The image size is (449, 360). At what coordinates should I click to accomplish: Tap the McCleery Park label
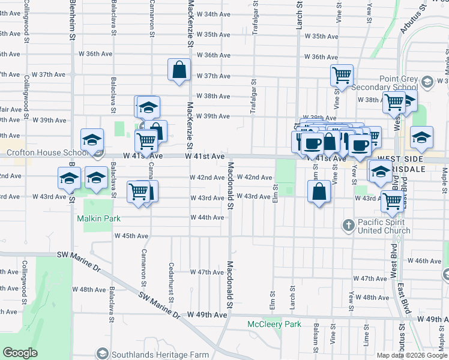274,324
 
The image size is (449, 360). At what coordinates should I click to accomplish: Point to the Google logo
20,353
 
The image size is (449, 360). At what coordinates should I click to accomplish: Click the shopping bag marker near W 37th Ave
179,70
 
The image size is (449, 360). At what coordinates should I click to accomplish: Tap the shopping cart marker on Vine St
342,76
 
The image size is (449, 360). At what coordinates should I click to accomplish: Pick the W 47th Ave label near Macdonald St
207,272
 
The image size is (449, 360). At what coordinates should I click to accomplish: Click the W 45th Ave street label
131,236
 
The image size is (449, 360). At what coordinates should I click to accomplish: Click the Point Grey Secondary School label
398,83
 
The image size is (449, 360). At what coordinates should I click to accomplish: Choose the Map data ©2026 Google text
412,355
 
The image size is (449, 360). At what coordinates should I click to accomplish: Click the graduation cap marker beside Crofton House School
92,140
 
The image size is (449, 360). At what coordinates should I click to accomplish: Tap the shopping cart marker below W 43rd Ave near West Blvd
391,202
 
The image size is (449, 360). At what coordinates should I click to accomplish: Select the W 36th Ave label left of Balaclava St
96,53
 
